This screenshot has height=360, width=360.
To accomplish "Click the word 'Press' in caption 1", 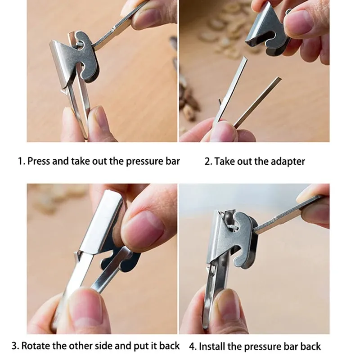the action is click(x=39, y=161).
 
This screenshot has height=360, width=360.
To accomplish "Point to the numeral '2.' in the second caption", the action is click(x=208, y=162).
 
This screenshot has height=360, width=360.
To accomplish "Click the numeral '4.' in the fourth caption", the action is click(x=193, y=346).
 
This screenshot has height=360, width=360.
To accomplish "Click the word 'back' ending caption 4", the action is click(x=310, y=346).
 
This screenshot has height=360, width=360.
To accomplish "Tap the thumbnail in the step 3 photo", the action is click(x=144, y=229).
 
